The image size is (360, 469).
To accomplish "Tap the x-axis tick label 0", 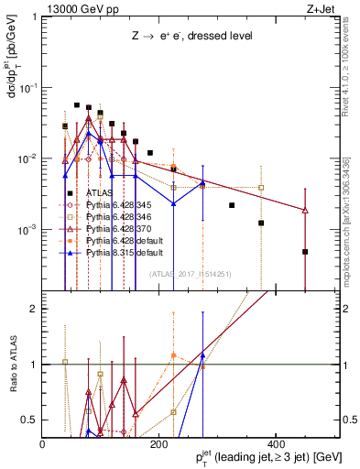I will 43,443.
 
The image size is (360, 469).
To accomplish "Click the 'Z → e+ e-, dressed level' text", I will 191,35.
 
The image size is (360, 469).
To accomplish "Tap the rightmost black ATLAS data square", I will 305,252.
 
